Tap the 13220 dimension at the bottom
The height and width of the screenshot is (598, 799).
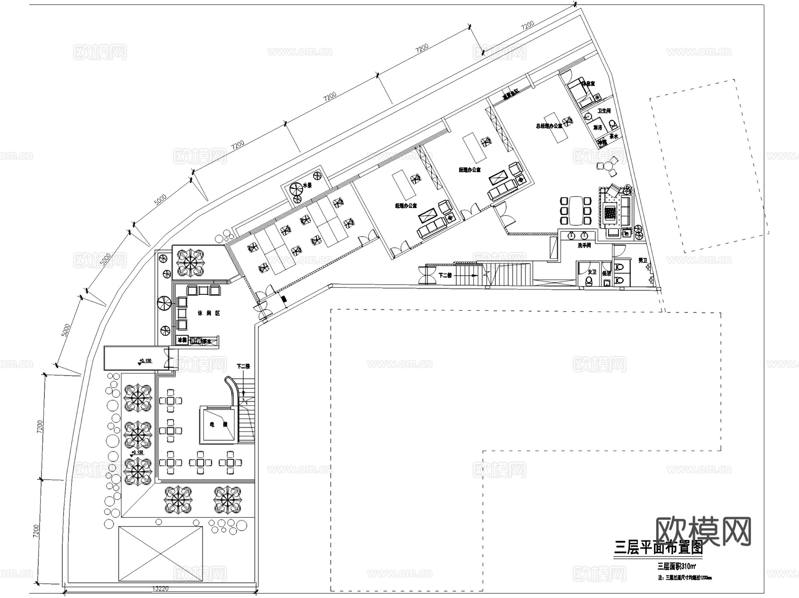[161, 589]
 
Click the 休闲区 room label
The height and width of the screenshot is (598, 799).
[209, 313]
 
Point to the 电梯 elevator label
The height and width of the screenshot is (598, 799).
[218, 424]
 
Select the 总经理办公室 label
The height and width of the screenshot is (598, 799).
[549, 126]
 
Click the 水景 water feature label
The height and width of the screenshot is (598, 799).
[307, 185]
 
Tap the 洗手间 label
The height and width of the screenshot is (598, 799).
[584, 246]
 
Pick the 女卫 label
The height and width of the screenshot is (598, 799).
[592, 272]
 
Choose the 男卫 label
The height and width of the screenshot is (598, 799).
[643, 260]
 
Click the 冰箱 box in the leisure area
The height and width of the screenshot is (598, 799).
[182, 341]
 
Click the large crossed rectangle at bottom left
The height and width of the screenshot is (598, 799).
[160, 554]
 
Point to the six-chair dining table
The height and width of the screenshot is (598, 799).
[576, 210]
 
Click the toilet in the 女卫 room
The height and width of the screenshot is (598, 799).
[589, 281]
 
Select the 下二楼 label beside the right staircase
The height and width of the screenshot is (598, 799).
[445, 275]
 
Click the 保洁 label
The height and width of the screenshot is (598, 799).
[606, 273]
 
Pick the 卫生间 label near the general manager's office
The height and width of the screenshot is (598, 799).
[604, 111]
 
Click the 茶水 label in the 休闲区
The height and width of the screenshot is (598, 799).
[206, 341]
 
